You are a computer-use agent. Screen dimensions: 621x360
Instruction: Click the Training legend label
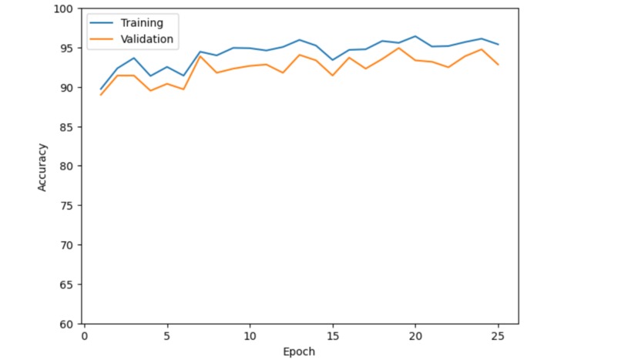(x=142, y=23)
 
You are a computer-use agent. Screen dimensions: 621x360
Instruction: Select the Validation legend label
(x=147, y=39)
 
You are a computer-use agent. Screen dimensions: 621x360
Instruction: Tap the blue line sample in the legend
(x=102, y=23)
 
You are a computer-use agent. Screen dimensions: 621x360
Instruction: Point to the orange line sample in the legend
(x=102, y=39)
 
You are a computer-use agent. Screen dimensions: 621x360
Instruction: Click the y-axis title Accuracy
(x=42, y=167)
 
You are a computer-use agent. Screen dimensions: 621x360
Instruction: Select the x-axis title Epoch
(x=299, y=352)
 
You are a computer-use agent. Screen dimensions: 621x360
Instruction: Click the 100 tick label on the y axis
(x=63, y=8)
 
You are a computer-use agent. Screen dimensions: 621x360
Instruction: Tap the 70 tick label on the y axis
(x=66, y=245)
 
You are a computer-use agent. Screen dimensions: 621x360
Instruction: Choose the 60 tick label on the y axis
(x=66, y=325)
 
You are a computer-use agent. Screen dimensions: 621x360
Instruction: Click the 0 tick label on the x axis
(x=84, y=336)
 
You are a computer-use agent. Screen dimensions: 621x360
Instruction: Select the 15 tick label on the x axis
(x=333, y=336)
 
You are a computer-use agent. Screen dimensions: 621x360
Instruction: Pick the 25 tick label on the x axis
(x=498, y=336)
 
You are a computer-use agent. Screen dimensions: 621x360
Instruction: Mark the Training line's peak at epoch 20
(x=415, y=36)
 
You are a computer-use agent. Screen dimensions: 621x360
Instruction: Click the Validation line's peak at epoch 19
(x=399, y=48)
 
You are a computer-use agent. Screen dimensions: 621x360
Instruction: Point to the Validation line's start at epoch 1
(x=101, y=95)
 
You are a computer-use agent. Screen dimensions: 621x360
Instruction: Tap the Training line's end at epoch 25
(x=498, y=45)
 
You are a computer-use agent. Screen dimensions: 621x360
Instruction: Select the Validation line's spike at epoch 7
(x=200, y=56)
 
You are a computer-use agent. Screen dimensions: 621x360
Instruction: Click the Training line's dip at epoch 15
(x=333, y=60)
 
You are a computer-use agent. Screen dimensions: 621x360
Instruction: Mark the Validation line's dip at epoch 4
(x=150, y=91)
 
